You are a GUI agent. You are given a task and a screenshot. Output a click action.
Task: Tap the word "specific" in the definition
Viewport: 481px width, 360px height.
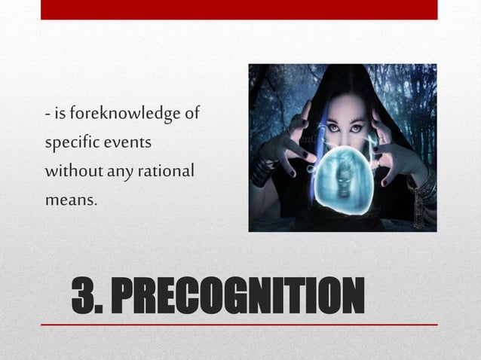click(69, 143)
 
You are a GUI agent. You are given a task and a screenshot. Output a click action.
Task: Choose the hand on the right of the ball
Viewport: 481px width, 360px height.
click(394, 143)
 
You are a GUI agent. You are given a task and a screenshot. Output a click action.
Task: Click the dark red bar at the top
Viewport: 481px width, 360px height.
click(239, 9)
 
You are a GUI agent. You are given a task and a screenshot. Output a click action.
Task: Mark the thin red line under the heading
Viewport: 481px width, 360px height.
click(239, 325)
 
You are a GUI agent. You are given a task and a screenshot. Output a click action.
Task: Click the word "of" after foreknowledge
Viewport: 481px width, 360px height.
click(191, 114)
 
